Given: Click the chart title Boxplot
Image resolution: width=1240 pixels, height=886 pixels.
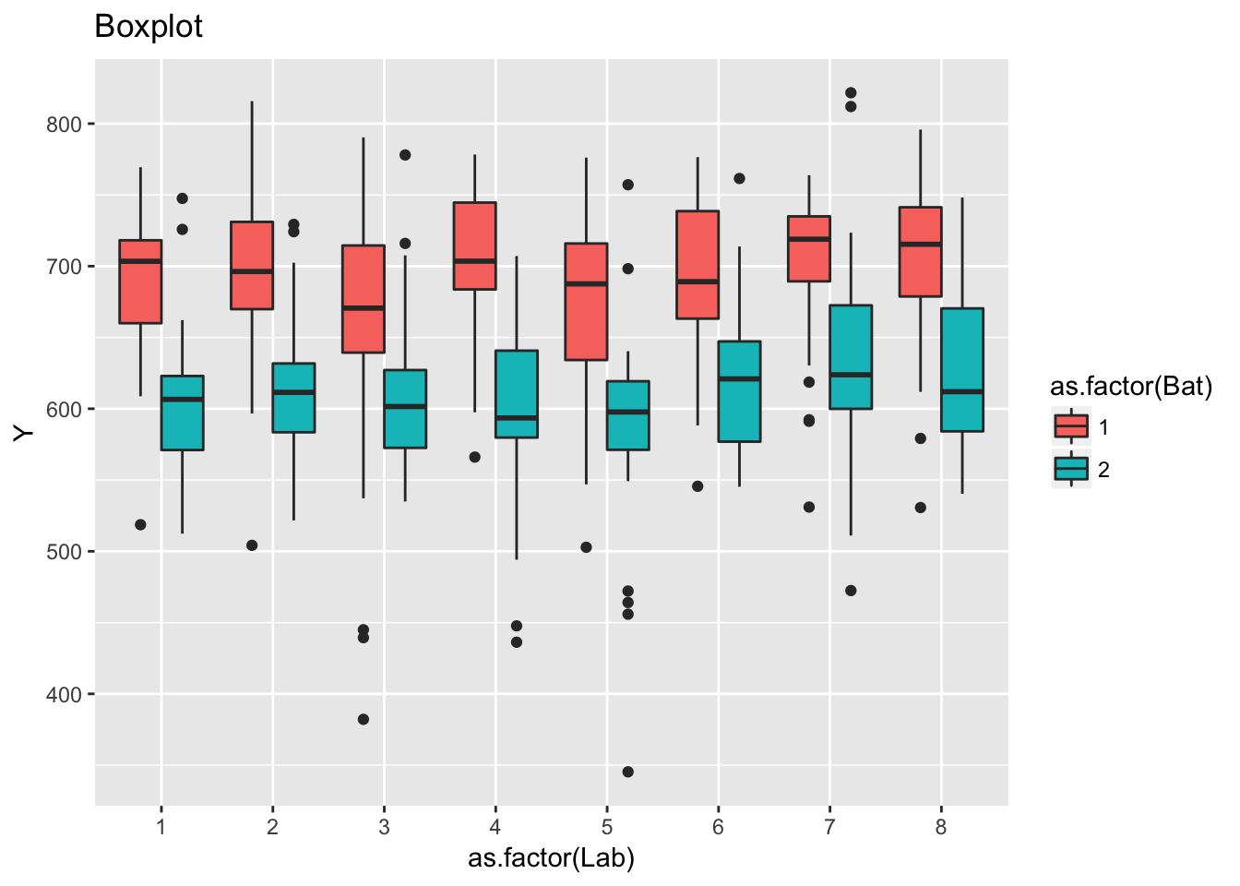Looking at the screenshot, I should [x=149, y=27].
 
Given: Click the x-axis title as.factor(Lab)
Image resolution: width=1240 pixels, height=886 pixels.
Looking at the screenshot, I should [x=551, y=858].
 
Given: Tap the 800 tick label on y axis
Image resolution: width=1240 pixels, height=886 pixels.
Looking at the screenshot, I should [x=65, y=125].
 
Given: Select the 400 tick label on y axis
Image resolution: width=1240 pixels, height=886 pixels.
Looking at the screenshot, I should [x=65, y=694].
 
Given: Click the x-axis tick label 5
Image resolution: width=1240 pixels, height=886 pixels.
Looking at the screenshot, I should [x=607, y=827].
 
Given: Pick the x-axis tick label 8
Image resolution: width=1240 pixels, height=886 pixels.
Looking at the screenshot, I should [x=941, y=827].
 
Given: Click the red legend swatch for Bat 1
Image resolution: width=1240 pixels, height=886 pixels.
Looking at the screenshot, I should [x=1071, y=426].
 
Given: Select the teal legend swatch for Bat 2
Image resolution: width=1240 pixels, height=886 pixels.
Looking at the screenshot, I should [x=1071, y=470].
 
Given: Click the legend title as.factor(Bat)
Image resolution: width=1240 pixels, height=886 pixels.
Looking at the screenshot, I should [x=1131, y=386].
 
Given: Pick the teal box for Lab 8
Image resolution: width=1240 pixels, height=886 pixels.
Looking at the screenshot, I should [x=962, y=369].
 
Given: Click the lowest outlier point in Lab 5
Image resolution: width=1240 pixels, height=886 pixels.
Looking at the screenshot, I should [x=628, y=772].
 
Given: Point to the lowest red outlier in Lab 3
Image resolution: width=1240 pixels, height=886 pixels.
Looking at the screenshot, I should [x=364, y=719].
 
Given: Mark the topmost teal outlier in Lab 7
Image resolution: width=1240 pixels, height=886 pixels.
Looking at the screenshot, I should [x=851, y=92].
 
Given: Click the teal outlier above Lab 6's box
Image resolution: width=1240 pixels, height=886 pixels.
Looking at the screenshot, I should [x=739, y=178].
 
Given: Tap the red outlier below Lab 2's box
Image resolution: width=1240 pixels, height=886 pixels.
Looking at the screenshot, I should [x=252, y=545].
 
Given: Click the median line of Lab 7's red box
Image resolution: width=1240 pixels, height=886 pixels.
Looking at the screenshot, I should [x=809, y=239].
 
